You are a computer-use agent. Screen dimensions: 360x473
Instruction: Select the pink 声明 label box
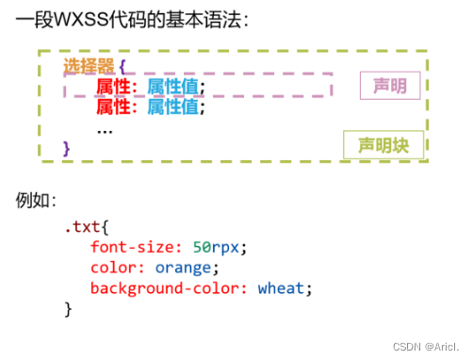coord(390,87)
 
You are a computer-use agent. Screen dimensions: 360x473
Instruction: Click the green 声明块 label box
coord(383,145)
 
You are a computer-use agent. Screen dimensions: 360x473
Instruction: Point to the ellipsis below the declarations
coord(105,128)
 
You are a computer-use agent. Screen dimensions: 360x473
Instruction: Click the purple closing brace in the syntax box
coord(66,148)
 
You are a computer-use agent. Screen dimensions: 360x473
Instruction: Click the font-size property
coord(133,248)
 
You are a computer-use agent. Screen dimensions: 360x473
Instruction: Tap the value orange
coord(184,268)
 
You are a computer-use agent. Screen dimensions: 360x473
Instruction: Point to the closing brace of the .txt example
coord(68,308)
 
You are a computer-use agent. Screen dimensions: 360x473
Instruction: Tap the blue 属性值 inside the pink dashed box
coord(176,88)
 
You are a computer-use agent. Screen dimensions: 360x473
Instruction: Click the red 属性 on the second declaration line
coord(113,107)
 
